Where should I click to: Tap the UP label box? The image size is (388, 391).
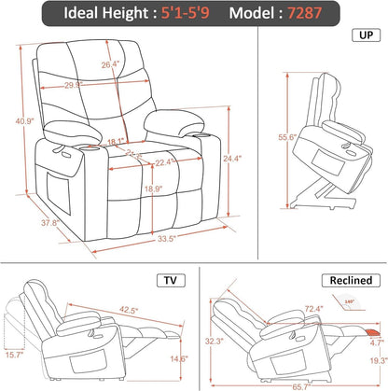pyautogui.click(x=362, y=35)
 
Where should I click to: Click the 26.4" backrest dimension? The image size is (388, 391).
pyautogui.click(x=111, y=64)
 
